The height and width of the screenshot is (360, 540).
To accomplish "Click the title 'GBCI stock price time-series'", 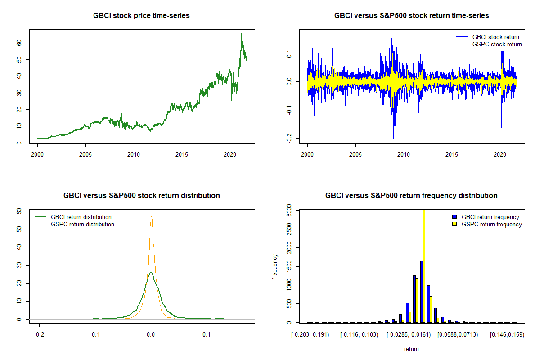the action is [141, 16].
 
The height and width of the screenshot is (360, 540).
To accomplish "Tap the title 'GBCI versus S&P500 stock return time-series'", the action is [411, 16].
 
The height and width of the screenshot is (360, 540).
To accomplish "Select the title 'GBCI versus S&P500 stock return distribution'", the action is [141, 196].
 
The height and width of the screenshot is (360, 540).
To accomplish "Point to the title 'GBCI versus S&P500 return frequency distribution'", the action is [411, 196].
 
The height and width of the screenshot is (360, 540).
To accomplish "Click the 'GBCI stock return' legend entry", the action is [488, 37].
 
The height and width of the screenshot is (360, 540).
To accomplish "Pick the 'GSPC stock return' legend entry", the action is [489, 45].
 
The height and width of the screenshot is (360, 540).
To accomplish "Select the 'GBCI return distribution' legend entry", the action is [73, 217].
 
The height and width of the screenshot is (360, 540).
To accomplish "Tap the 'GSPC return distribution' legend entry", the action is [75, 224].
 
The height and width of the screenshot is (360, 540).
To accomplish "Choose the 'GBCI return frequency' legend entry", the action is [486, 217].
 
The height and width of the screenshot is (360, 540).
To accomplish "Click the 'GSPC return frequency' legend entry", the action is [487, 224].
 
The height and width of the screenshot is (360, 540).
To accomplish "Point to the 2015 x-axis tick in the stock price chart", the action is [182, 154].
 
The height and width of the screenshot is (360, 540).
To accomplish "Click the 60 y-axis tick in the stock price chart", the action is [19, 43].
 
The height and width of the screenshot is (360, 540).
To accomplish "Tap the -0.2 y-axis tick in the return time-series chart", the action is [289, 138].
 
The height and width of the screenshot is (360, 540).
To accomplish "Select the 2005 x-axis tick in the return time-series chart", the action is [355, 154].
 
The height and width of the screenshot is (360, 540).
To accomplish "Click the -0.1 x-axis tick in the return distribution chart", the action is [95, 335].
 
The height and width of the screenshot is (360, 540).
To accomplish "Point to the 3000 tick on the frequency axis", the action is [289, 211].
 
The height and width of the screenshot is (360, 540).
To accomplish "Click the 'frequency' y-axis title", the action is [275, 267].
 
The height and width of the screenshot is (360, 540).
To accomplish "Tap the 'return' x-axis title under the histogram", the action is [411, 349].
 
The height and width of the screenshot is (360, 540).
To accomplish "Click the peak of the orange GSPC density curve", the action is [151, 216].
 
